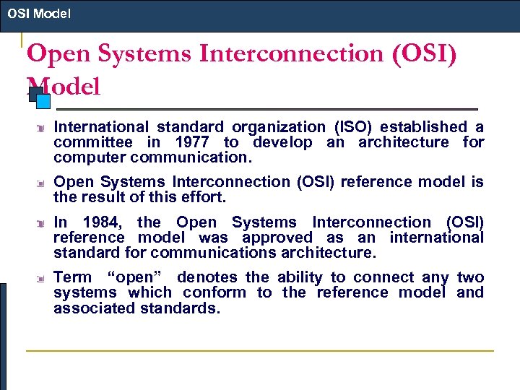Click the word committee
[92, 142]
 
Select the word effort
[205, 197]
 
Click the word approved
[277, 238]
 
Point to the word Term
[73, 277]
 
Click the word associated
[97, 308]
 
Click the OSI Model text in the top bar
[39, 14]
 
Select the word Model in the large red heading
[64, 87]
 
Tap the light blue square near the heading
[43, 101]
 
